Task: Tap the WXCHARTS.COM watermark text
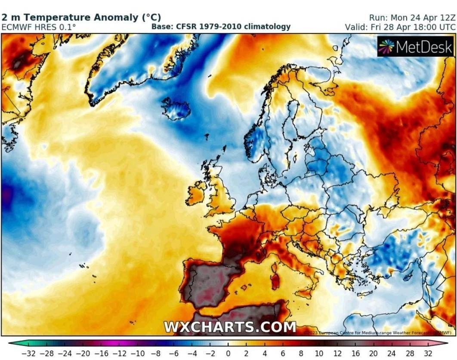point(230,327)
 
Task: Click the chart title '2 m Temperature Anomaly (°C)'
point(81,18)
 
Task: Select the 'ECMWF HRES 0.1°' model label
point(39,27)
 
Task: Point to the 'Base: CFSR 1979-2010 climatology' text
point(221,27)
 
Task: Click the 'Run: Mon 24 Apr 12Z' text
point(411,18)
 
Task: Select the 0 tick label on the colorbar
point(228,354)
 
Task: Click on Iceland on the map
point(176,109)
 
